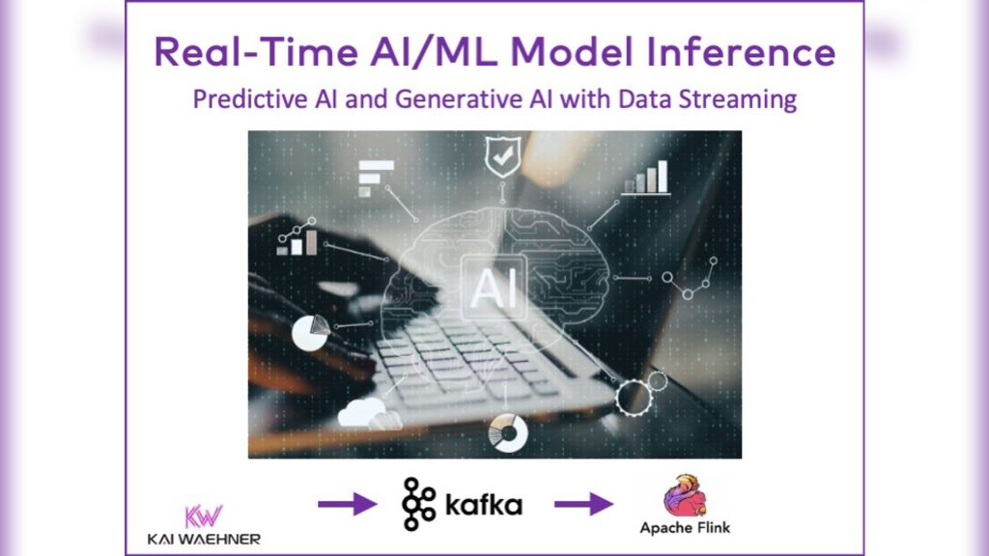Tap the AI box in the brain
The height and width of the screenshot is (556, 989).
pos(492,287)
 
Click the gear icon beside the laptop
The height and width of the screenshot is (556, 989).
pos(637,395)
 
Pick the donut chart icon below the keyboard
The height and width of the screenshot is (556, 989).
pos(509,432)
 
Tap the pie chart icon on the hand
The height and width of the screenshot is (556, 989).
pos(309,331)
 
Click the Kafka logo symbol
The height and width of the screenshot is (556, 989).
pos(418,504)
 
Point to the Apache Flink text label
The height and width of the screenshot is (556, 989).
pos(685,528)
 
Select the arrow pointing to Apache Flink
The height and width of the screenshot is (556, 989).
pos(583,503)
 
